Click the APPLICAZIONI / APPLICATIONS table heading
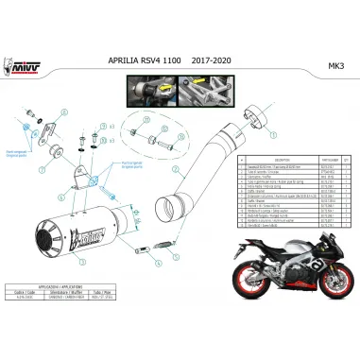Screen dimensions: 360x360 (65, 309)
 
